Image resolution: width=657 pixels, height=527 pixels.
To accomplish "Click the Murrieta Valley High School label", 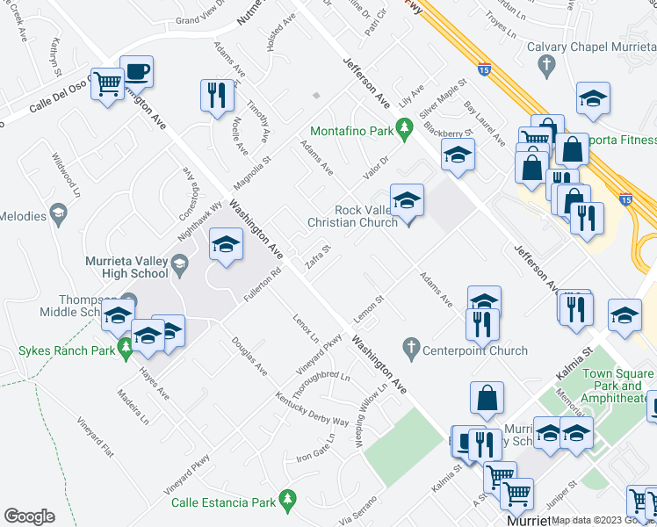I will pyautogui.click(x=126, y=267).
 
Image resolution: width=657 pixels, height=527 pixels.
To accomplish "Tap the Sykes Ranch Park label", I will pyautogui.click(x=61, y=351).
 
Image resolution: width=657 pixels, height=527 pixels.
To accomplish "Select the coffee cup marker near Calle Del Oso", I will pyautogui.click(x=136, y=71).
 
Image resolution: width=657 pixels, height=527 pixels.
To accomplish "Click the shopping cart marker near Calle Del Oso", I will pyautogui.click(x=108, y=85).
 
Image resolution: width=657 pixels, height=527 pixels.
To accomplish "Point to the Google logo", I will pyautogui.click(x=29, y=516).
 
